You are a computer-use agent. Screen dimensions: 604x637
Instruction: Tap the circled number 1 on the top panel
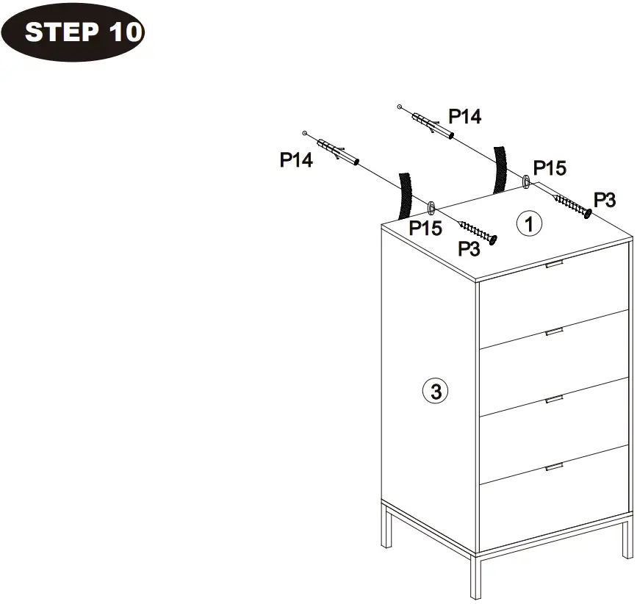(529, 223)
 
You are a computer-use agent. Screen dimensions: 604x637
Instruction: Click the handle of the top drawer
(554, 263)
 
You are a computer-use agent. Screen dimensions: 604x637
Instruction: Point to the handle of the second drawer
(554, 333)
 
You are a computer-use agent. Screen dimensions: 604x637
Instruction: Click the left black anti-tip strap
(404, 195)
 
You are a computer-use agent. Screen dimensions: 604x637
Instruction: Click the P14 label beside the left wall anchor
(296, 160)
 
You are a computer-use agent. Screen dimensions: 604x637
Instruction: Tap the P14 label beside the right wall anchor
(465, 116)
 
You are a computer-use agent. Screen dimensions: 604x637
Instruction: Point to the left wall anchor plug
(338, 154)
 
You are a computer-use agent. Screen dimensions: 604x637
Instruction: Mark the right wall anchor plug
(433, 124)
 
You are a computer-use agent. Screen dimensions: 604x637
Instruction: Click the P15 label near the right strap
(550, 168)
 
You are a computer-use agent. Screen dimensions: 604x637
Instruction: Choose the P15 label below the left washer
(425, 228)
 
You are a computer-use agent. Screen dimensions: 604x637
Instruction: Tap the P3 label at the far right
(605, 199)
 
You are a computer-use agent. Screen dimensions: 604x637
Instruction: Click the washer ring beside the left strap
(431, 206)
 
